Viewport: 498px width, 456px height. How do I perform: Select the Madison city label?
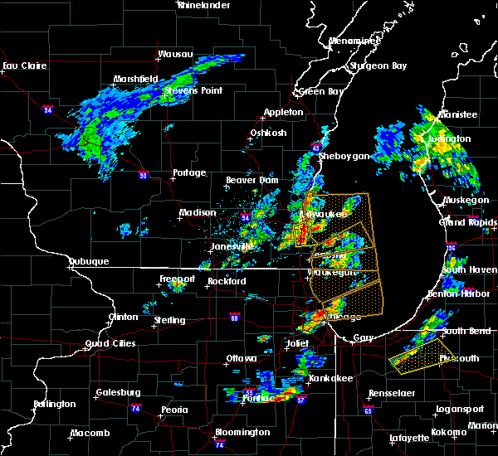pyautogui.click(x=198, y=212)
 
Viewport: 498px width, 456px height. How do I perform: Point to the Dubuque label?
pyautogui.click(x=89, y=261)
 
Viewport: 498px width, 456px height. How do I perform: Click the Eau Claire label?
pyautogui.click(x=22, y=65)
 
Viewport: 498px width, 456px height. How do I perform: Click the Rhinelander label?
pyautogui.click(x=204, y=5)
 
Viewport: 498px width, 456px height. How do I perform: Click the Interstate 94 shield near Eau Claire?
pyautogui.click(x=48, y=109)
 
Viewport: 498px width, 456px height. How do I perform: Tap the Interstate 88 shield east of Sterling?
pyautogui.click(x=235, y=317)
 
